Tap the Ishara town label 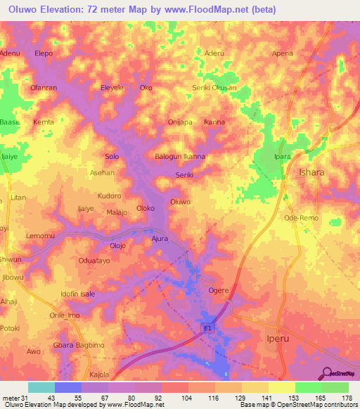click(x=313, y=172)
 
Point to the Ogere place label click(x=219, y=290)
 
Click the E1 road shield click(x=207, y=328)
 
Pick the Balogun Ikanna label click(x=180, y=157)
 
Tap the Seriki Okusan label click(x=214, y=87)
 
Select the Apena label click(x=283, y=53)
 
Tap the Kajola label click(x=97, y=375)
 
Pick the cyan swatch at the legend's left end click(x=41, y=387)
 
